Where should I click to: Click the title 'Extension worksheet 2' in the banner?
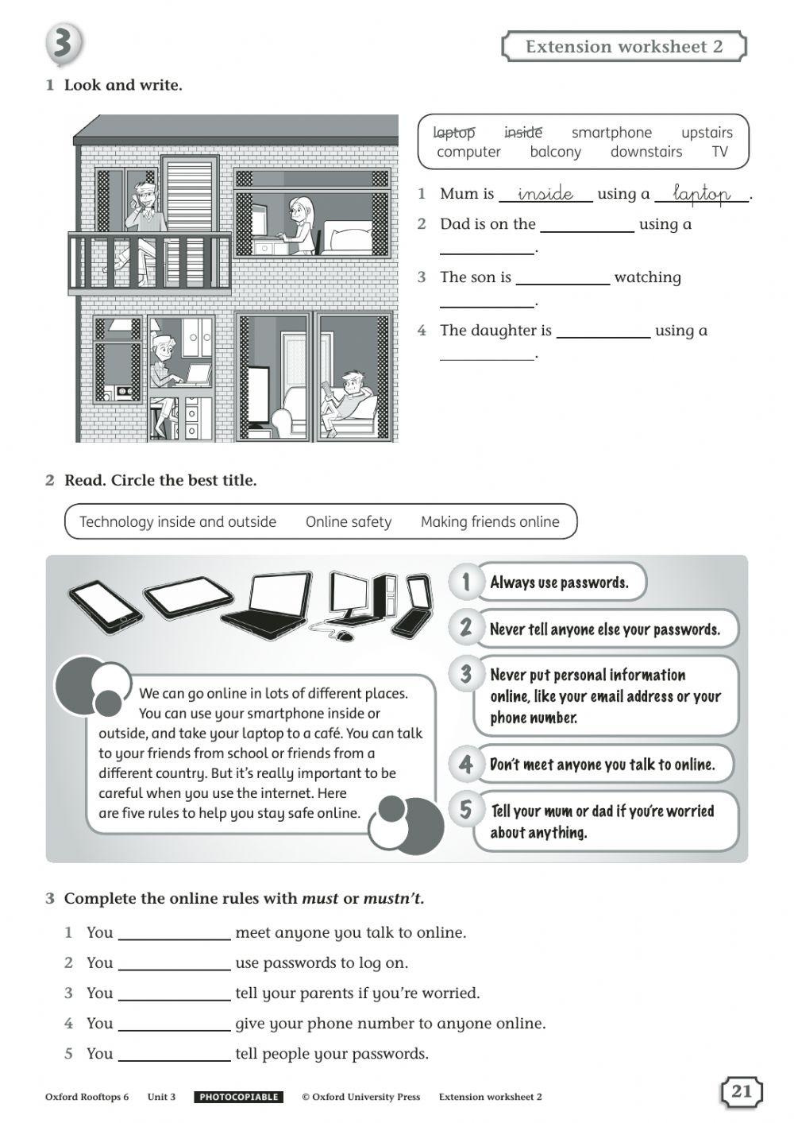pyautogui.click(x=624, y=46)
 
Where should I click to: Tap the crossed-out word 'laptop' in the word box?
pyautogui.click(x=454, y=133)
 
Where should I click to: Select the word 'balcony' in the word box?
pyautogui.click(x=555, y=152)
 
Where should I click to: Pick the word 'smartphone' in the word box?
pyautogui.click(x=611, y=133)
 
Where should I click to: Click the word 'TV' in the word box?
pyautogui.click(x=719, y=152)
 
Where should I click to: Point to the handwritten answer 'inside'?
pyautogui.click(x=545, y=194)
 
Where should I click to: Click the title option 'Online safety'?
pyautogui.click(x=349, y=522)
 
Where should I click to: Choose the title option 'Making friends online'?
pyautogui.click(x=490, y=522)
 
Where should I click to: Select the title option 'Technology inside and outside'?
pyautogui.click(x=178, y=522)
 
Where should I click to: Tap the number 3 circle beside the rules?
pyautogui.click(x=465, y=675)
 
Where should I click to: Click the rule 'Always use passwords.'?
pyautogui.click(x=559, y=583)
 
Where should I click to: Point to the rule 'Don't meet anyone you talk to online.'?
pyautogui.click(x=602, y=765)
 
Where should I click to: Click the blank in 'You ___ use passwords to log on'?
pyautogui.click(x=174, y=963)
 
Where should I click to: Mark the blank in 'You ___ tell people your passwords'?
pyautogui.click(x=174, y=1054)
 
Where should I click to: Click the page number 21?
pyautogui.click(x=741, y=1091)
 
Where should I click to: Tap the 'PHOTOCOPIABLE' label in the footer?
pyautogui.click(x=238, y=1097)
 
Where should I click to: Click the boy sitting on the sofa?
pyautogui.click(x=348, y=401)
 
